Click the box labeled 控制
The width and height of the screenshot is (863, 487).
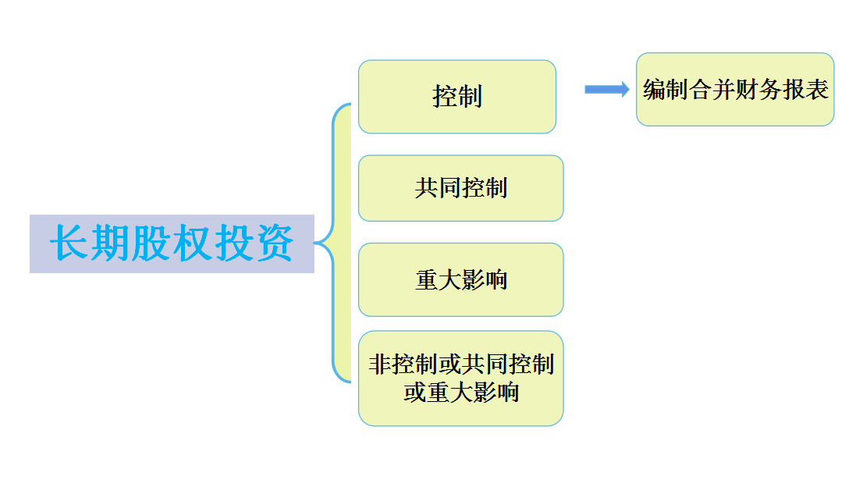tap(456, 97)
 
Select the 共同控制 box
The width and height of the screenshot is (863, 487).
tap(460, 188)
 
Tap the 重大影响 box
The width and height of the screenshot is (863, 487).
tap(460, 279)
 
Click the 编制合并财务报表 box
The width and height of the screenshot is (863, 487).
tap(735, 90)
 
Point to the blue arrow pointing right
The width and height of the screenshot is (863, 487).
tap(606, 89)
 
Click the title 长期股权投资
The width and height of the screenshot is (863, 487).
tap(172, 243)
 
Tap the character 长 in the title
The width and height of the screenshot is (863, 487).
tap(69, 243)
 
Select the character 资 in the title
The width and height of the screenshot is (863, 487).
tap(275, 243)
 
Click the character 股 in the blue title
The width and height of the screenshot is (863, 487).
tap(151, 243)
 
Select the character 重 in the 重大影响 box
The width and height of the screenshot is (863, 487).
tap(426, 280)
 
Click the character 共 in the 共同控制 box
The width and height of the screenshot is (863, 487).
tap(426, 188)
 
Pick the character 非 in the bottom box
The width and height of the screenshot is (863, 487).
tap(379, 364)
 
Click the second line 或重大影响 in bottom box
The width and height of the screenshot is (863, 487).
tap(460, 392)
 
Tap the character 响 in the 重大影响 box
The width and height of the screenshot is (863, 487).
tap(496, 280)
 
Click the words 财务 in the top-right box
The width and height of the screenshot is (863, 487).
tap(748, 90)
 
